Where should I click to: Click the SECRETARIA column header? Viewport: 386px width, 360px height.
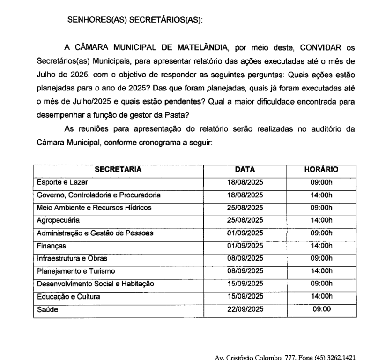[118, 169]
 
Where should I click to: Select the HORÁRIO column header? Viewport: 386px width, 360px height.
[321, 169]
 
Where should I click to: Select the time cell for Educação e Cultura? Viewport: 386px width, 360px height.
[321, 296]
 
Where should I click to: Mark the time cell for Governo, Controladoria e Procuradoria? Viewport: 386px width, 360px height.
[321, 195]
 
